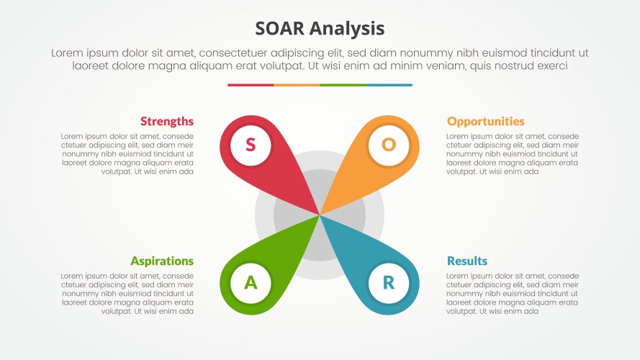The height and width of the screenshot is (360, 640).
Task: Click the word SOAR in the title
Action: (x=280, y=29)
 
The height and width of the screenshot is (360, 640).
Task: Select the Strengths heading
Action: (x=166, y=121)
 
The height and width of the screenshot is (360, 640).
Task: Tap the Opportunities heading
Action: (x=486, y=121)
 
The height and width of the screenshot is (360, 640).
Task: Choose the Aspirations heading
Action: (x=162, y=261)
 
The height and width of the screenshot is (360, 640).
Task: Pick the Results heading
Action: (x=467, y=261)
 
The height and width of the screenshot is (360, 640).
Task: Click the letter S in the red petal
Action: (x=251, y=145)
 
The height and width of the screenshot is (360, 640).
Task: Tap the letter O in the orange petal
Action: (x=389, y=145)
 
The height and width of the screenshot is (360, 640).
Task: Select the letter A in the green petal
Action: (x=251, y=283)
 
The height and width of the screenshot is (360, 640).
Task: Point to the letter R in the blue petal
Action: (x=389, y=283)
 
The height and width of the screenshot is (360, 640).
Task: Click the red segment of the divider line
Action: (x=251, y=85)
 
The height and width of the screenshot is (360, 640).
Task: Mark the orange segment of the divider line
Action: (x=297, y=85)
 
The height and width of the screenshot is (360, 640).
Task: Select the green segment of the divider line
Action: (x=343, y=85)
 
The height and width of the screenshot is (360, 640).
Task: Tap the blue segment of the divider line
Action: (x=389, y=85)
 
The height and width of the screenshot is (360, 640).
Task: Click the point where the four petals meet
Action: (x=320, y=215)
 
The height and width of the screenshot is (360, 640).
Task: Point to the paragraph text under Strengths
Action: (x=127, y=153)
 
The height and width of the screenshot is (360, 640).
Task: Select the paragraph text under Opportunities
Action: (x=513, y=153)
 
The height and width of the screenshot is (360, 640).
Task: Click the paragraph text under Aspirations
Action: (x=127, y=294)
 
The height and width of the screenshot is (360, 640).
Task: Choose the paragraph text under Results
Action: (x=513, y=294)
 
